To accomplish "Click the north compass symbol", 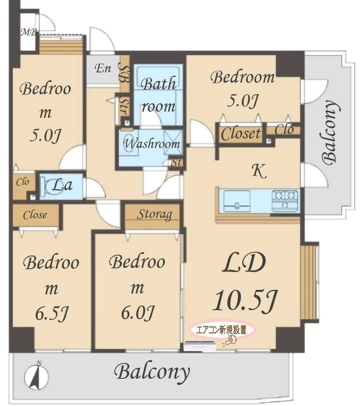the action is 36,375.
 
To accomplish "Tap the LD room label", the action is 244,263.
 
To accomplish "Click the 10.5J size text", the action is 245,300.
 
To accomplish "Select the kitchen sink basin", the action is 237,201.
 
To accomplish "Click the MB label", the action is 29,32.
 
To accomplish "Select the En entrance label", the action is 103,68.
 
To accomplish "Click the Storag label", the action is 154,215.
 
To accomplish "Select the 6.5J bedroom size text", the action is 52,313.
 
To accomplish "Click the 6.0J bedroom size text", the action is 138,313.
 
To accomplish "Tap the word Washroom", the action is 152,143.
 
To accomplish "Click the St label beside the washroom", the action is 176,162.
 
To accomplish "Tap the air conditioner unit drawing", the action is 200,346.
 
